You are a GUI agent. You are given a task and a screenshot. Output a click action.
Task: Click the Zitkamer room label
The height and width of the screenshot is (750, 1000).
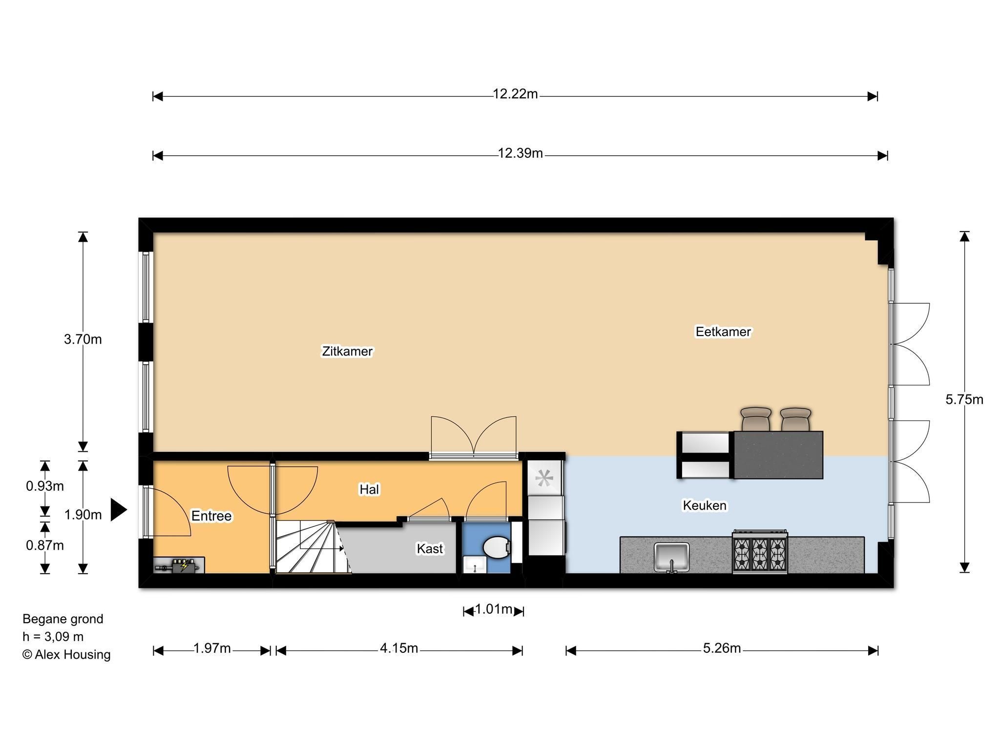coord(347,351)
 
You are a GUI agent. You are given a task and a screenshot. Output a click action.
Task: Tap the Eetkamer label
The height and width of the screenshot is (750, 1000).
coord(723,332)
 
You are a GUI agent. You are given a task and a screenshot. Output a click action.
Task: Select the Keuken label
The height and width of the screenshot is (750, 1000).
coord(705,505)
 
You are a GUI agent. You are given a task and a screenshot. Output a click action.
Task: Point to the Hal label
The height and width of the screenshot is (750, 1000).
coord(369,489)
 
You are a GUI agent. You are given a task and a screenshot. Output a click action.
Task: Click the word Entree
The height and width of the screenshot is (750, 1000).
coord(211,516)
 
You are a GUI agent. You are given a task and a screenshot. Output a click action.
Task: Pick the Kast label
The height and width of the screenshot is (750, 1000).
coord(430,549)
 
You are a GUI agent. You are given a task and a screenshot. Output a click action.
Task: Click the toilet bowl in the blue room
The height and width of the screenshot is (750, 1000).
coord(497,546)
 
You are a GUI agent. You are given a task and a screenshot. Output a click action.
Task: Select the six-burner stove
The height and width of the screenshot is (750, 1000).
coord(760,552)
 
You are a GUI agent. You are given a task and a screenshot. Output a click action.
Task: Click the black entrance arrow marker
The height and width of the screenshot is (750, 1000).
coord(119,510)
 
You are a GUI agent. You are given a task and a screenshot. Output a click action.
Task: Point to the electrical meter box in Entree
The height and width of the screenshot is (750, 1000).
coord(179,565)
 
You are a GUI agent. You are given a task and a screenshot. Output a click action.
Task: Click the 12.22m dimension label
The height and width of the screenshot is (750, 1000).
coord(515,94)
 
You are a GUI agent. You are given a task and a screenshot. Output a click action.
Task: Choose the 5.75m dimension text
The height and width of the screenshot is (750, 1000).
coord(964,399)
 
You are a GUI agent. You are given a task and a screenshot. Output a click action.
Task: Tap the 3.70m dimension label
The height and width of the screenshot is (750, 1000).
coord(83,339)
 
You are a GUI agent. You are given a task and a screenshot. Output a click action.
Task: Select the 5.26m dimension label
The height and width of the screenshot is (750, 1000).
coord(722,648)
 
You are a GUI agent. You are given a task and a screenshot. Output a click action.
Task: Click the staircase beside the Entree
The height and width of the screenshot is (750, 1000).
coord(312,547)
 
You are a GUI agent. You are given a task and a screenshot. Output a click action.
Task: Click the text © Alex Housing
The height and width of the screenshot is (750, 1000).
coord(66,654)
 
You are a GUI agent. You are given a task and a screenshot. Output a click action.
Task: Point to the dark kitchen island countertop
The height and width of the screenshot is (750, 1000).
coord(778,455)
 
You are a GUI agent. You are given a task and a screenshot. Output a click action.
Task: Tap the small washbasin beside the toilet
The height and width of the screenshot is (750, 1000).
coord(474,564)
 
